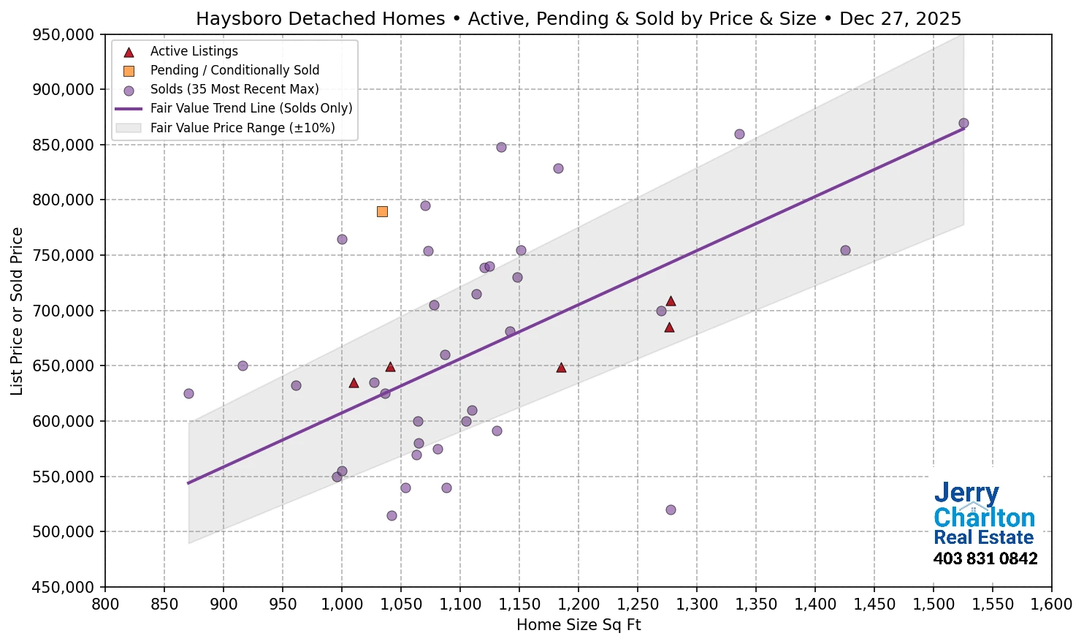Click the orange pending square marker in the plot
(x=382, y=211)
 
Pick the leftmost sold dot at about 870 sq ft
(x=188, y=393)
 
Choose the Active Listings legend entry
(x=194, y=51)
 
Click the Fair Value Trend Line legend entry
(x=251, y=108)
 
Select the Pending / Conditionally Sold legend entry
(x=234, y=70)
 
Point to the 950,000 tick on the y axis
(x=64, y=34)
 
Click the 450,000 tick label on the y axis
(x=64, y=587)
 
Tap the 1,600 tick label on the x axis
(x=1051, y=605)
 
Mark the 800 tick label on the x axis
(x=105, y=605)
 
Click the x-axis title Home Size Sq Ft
(x=579, y=625)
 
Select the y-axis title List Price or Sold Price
(x=17, y=311)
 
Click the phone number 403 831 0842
(x=985, y=559)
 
